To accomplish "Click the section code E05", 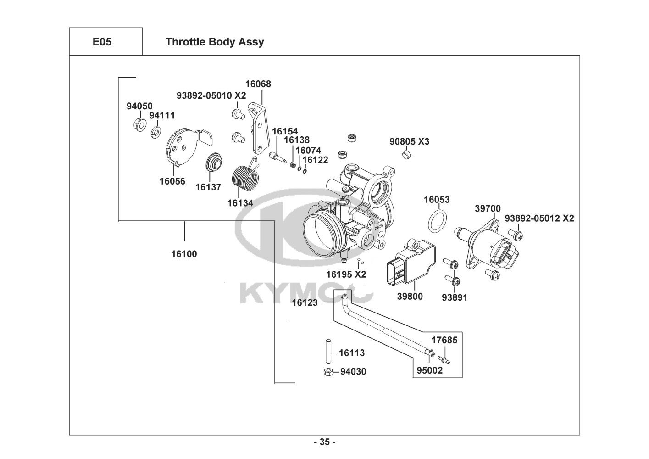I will (102, 42).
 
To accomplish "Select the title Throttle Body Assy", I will (214, 42).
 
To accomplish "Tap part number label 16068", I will (258, 84).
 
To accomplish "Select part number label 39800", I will (410, 297).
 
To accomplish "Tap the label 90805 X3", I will (409, 141).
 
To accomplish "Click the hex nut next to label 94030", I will (328, 372).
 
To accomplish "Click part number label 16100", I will (184, 254).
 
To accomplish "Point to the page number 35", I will (324, 442).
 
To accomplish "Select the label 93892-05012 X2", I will (539, 218).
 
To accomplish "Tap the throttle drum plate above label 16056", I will (186, 147).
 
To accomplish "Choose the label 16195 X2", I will (346, 274).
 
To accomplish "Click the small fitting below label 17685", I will (444, 358).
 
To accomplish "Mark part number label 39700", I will (488, 208).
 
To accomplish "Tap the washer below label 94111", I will (156, 133).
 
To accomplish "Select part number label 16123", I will (305, 302).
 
